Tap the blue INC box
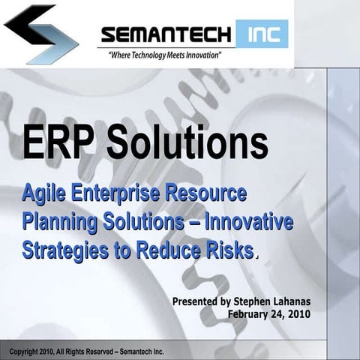[x=262, y=34]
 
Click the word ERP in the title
[x=56, y=142]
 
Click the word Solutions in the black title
[x=187, y=142]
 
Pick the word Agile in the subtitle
[x=45, y=193]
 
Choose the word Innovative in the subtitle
[x=248, y=222]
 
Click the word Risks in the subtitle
[x=228, y=250]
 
